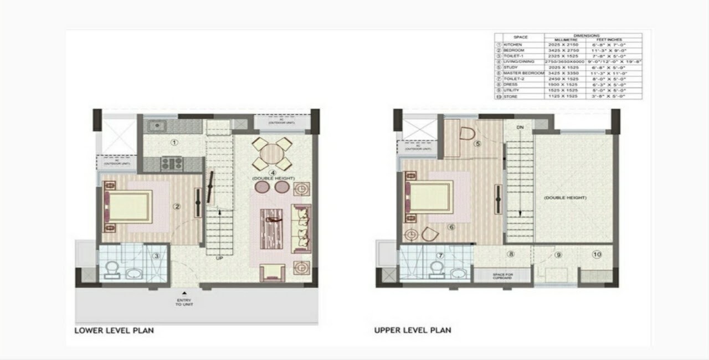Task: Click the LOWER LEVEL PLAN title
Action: (x=114, y=331)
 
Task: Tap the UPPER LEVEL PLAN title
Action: (x=413, y=331)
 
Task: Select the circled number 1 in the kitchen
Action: (x=174, y=142)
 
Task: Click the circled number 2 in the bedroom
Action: (x=177, y=207)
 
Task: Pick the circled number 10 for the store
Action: (x=597, y=255)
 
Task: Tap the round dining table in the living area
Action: (x=272, y=153)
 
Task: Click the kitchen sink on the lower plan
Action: (x=158, y=126)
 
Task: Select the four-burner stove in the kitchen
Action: (x=172, y=163)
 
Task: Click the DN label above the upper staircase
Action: (x=519, y=127)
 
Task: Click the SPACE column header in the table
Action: (x=520, y=37)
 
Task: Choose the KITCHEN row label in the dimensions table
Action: (x=513, y=44)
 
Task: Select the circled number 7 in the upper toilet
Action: (x=440, y=255)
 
